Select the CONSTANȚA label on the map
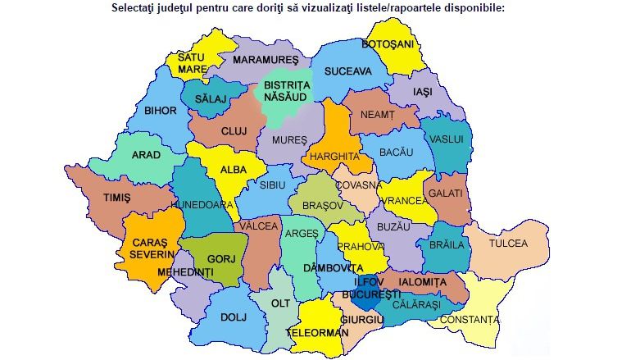coord(468,319)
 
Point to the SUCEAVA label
coord(347,71)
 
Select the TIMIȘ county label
coord(116,198)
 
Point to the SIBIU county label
coord(272,185)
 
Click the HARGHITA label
coord(331,156)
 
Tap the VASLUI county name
coord(447,139)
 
